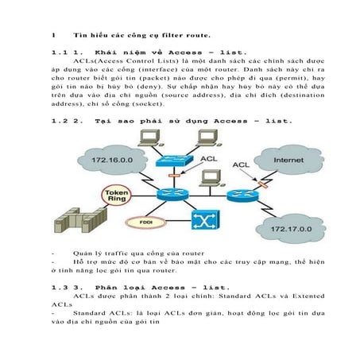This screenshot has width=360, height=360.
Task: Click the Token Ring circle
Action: coord(116,194)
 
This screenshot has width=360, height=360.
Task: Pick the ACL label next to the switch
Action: coord(208,159)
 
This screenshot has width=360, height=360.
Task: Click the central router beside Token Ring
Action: coord(170,193)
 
